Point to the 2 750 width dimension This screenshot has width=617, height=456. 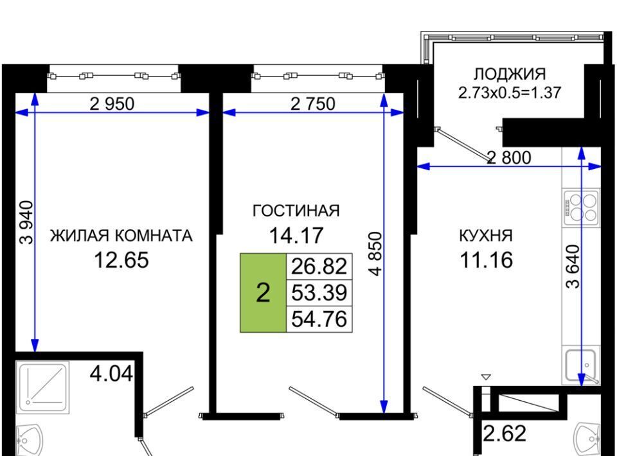[312, 103]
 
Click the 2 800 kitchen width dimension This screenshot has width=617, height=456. [509, 157]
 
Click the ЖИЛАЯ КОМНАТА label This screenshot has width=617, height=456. [121, 236]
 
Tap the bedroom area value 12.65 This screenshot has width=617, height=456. [121, 260]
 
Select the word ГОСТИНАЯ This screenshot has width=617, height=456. [296, 211]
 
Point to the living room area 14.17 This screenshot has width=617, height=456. [296, 235]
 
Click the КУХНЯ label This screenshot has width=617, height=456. [485, 236]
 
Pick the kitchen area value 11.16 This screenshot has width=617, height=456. [485, 260]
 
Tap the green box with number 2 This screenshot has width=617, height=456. [263, 293]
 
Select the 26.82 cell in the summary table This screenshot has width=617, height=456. [319, 266]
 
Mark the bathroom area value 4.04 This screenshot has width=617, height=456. [111, 373]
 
